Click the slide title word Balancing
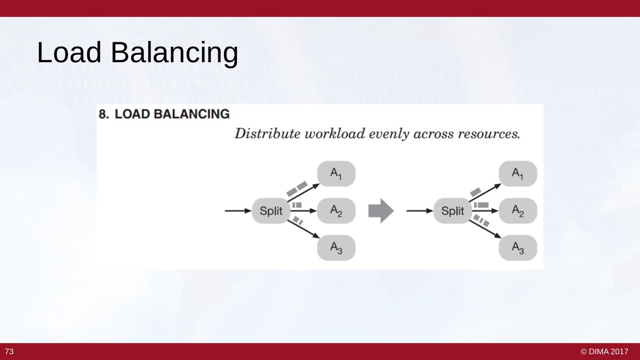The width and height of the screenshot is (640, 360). point(174,53)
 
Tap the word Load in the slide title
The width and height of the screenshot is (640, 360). point(69,52)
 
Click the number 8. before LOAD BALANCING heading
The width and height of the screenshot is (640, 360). point(104,114)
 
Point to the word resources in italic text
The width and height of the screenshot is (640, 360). point(493,134)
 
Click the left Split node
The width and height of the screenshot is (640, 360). point(271,211)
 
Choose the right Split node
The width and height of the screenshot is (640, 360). point(452,211)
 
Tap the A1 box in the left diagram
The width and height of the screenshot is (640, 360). point(336,174)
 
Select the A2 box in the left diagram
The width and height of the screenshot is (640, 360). point(336,211)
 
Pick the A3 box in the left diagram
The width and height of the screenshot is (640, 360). point(336,248)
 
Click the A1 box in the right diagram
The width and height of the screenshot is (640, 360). point(518,174)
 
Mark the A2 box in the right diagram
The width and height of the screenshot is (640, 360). point(518,211)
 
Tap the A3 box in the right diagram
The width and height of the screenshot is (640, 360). point(518,248)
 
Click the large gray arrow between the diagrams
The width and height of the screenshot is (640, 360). point(381,211)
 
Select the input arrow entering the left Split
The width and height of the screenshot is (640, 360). point(238,211)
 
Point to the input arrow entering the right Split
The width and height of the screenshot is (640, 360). point(420,211)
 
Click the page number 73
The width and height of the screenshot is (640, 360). point(9,352)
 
